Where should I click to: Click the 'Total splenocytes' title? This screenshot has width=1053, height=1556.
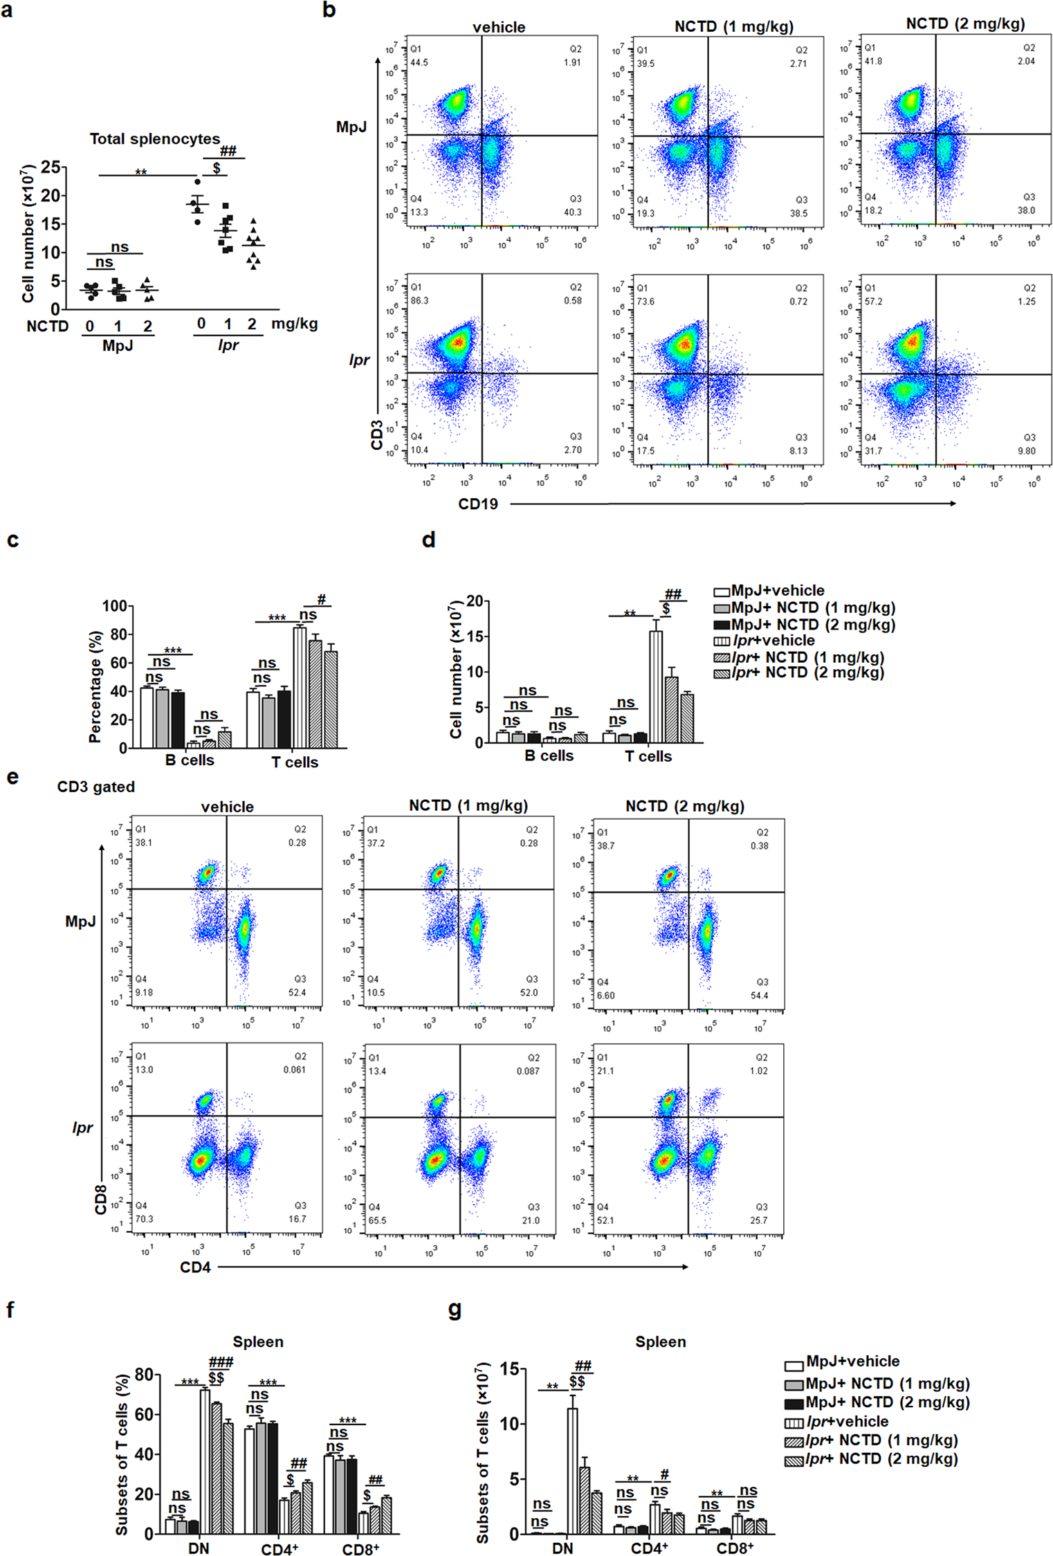(154, 139)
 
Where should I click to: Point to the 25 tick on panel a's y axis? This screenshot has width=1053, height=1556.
(50, 167)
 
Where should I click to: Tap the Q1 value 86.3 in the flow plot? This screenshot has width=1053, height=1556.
(419, 301)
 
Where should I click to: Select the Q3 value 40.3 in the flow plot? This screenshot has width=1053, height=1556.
(572, 212)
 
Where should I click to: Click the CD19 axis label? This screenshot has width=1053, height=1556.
(477, 504)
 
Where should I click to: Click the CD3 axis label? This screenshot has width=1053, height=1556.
(377, 434)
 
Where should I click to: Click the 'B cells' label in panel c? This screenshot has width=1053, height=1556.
(190, 760)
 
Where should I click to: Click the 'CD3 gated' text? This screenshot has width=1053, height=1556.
(95, 787)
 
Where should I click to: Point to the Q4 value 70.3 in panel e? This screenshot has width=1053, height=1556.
(144, 1219)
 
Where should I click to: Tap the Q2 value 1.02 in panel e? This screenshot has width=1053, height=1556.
(758, 1071)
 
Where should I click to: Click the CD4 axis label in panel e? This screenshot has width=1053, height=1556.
(195, 1267)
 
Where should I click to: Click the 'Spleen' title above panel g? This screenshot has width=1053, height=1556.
(660, 1342)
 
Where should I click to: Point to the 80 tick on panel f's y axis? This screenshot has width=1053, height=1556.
(143, 1375)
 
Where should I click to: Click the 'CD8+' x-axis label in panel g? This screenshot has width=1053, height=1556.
(735, 1548)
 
